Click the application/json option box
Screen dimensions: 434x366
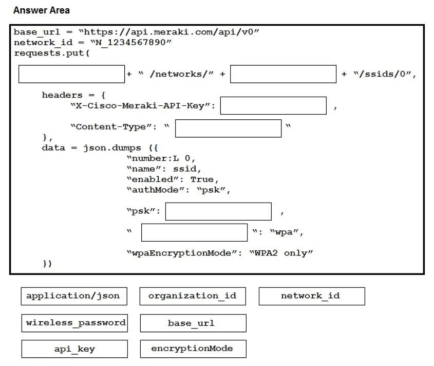click(74, 296)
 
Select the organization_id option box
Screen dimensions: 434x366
click(193, 296)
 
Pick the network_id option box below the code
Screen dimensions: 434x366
click(312, 296)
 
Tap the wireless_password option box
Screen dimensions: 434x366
click(75, 323)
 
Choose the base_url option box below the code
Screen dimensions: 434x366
click(193, 323)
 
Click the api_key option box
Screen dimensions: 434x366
click(75, 349)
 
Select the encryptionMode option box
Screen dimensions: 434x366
click(193, 349)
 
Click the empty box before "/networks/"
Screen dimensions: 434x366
click(72, 74)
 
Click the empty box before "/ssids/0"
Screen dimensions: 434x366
click(284, 74)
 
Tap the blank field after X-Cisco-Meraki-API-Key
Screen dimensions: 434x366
click(273, 105)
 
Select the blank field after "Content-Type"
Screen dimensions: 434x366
click(229, 129)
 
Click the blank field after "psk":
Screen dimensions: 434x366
click(218, 211)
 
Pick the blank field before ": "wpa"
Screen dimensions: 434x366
click(194, 232)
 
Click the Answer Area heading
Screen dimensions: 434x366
click(42, 10)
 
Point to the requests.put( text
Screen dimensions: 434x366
click(52, 53)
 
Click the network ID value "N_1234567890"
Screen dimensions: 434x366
click(131, 43)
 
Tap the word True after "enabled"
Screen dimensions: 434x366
click(202, 179)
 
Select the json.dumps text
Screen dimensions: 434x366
click(112, 148)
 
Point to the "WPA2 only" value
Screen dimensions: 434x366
click(281, 253)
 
